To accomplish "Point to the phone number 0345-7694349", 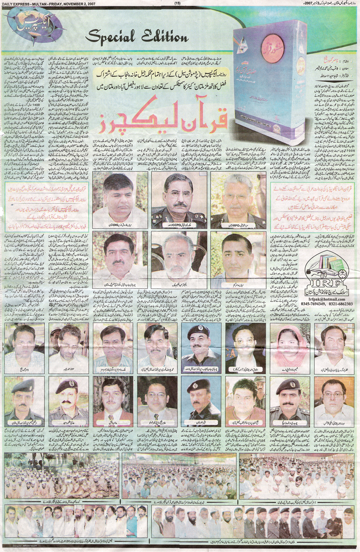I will (316, 303).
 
